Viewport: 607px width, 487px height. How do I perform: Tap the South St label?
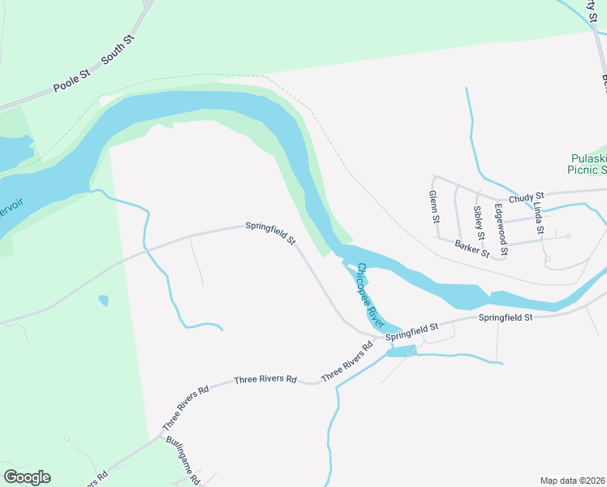click(x=118, y=50)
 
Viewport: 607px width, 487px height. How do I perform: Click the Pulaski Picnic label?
click(x=588, y=164)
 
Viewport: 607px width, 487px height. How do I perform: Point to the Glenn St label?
click(x=435, y=208)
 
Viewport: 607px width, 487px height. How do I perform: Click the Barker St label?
click(x=472, y=248)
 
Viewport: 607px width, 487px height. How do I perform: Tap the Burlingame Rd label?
click(x=183, y=460)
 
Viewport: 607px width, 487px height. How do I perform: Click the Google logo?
click(x=27, y=477)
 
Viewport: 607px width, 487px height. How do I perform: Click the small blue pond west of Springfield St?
click(x=103, y=301)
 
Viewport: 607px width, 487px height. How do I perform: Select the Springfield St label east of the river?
click(x=505, y=317)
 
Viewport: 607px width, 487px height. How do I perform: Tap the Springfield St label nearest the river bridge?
click(x=411, y=331)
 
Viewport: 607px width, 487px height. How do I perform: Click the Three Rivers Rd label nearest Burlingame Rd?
click(x=185, y=408)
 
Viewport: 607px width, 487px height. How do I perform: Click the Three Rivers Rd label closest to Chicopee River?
click(x=347, y=362)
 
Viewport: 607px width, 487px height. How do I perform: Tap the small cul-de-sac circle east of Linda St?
click(x=568, y=236)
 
